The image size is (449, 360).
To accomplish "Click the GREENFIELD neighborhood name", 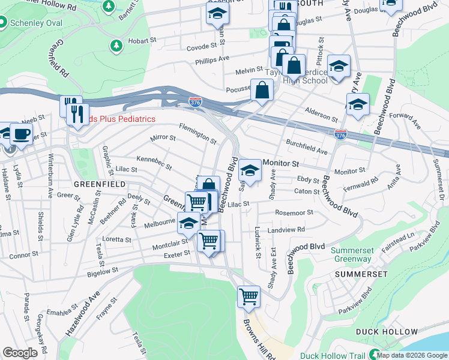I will (x=99, y=184).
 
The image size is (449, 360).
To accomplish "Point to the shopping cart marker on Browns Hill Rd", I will (x=249, y=296).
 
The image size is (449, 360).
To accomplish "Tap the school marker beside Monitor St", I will (x=250, y=171).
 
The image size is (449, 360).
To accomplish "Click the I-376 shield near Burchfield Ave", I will (x=340, y=135).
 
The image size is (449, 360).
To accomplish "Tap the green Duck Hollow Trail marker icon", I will (x=375, y=355).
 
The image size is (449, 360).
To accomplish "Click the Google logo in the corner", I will (x=20, y=353).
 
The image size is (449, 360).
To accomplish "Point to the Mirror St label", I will (x=163, y=138).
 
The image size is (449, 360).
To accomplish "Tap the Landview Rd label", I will (x=286, y=229).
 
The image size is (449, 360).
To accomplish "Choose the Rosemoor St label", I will (x=294, y=212).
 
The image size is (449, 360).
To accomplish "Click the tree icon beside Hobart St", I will (x=115, y=45).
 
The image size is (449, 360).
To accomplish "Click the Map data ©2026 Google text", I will (x=412, y=355).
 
